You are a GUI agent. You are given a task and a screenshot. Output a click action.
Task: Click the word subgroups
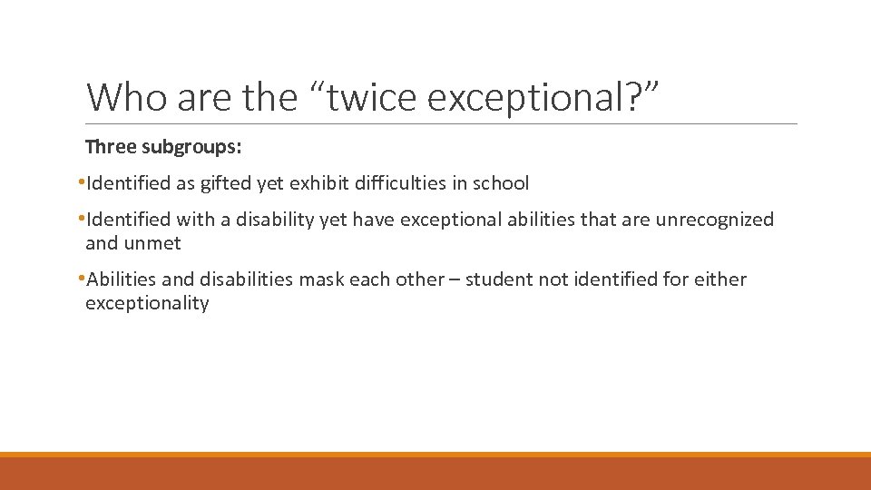pyautogui.click(x=190, y=146)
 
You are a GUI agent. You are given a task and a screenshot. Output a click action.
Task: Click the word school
pyautogui.click(x=500, y=183)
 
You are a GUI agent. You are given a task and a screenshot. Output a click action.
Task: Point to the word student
pyautogui.click(x=502, y=279)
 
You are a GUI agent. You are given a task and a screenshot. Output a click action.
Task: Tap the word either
pyautogui.click(x=720, y=279)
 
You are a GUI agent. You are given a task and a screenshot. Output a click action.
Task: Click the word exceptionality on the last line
pyautogui.click(x=147, y=303)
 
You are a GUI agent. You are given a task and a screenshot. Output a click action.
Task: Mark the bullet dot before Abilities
pyautogui.click(x=82, y=279)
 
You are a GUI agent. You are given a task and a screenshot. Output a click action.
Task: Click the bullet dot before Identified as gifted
pyautogui.click(x=82, y=182)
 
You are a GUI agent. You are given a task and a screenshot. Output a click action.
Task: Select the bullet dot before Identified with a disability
pyautogui.click(x=82, y=219)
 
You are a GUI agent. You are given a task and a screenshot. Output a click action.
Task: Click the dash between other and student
pyautogui.click(x=455, y=279)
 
